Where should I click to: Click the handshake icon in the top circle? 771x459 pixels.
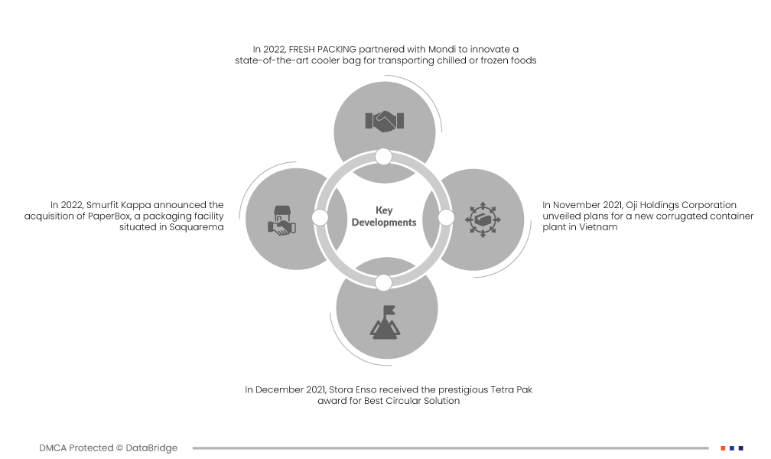384,120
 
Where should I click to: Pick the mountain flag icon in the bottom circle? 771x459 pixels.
385,321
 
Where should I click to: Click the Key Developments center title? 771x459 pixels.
383,216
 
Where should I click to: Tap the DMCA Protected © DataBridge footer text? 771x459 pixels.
108,448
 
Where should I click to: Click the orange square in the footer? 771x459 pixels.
723,448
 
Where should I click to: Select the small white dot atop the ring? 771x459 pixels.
384,157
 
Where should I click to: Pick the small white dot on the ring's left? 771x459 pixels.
320,218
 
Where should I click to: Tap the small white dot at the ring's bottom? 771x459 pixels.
384,282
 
